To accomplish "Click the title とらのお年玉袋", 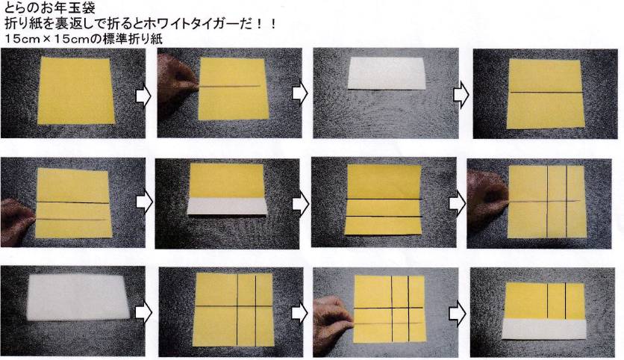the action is click(50, 7).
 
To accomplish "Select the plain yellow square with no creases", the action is click(75, 91).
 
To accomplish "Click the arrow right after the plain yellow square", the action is click(143, 96).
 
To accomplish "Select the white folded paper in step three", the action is click(387, 74).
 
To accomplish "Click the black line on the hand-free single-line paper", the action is click(546, 93).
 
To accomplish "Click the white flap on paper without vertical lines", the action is click(226, 206).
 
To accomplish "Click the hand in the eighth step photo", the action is click(487, 192).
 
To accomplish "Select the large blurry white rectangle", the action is click(78, 297).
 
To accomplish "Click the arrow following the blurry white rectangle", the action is click(143, 313).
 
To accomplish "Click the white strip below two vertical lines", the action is click(544, 329).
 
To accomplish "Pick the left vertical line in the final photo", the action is click(548, 302).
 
